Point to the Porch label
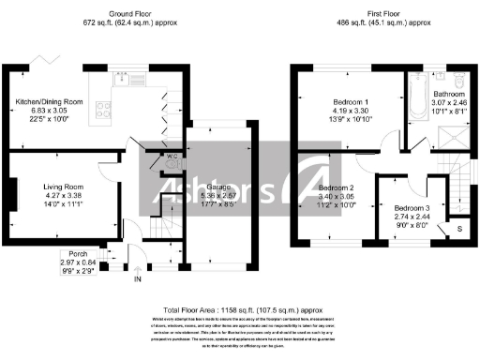click(72, 254)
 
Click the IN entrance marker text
click(138, 279)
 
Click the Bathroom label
click(448, 94)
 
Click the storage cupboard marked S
click(458, 228)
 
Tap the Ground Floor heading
click(130, 13)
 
